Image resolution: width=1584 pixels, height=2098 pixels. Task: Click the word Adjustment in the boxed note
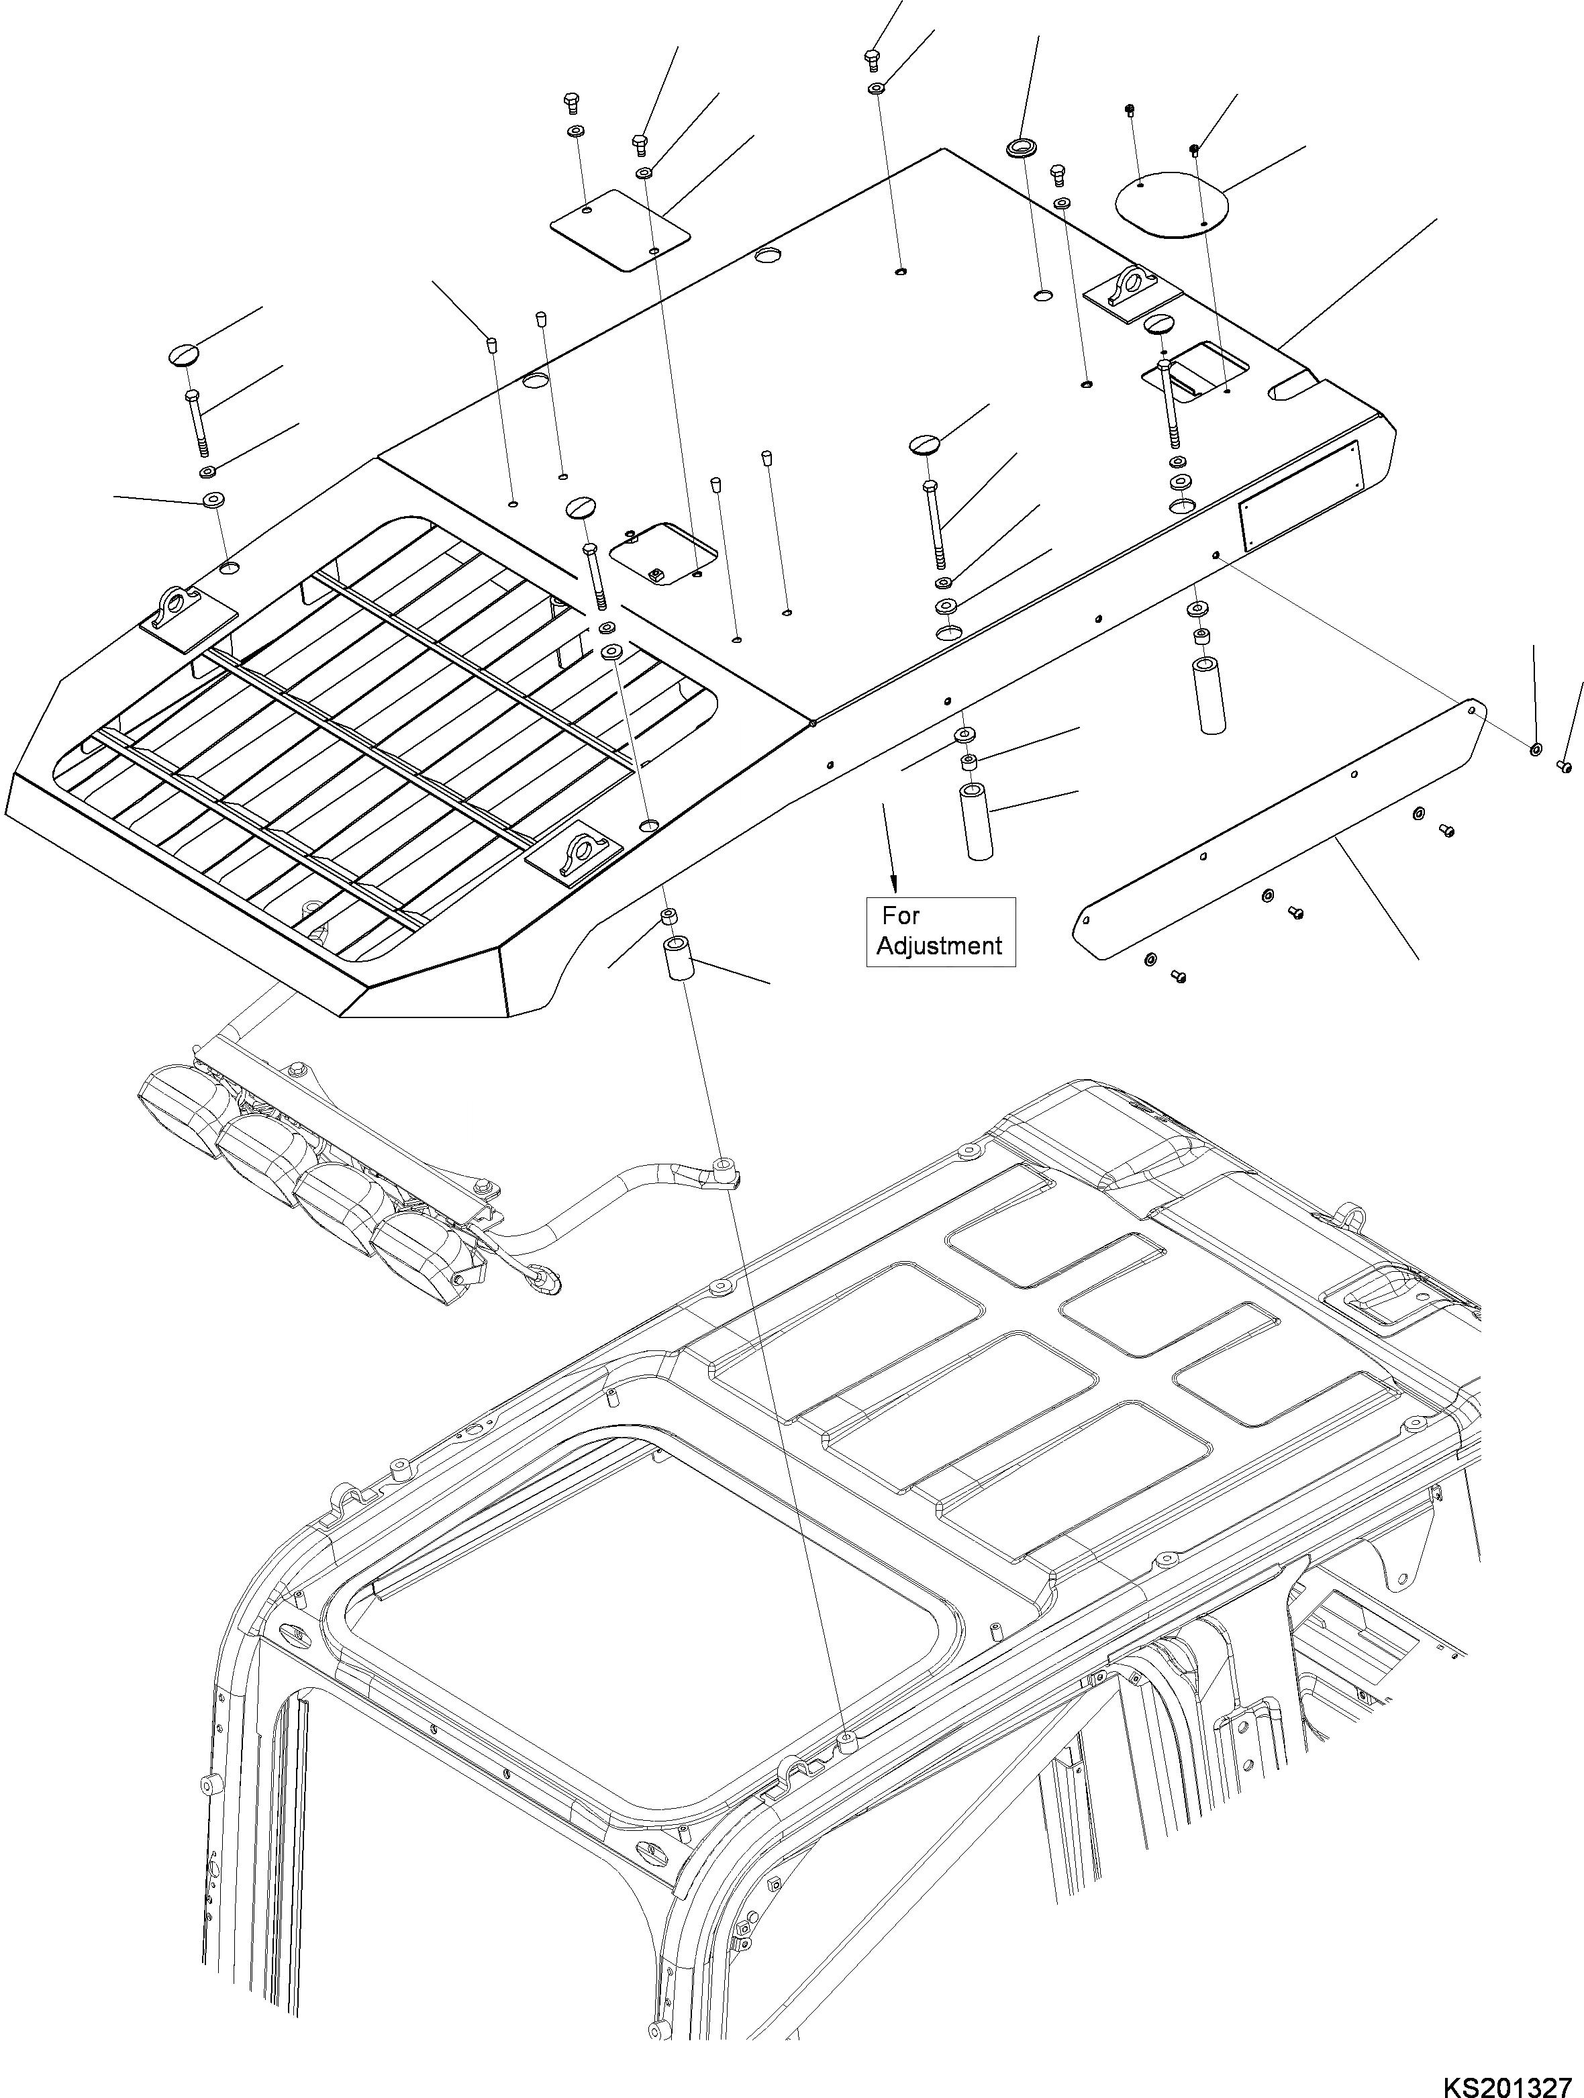coord(939,946)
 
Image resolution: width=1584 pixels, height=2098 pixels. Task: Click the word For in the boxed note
coord(901,915)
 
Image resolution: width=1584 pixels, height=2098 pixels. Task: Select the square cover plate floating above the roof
coord(620,230)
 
